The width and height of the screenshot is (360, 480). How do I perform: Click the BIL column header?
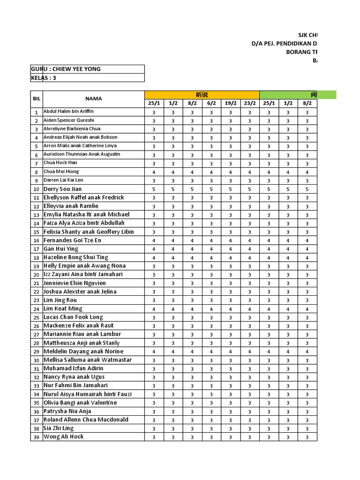pos(37,99)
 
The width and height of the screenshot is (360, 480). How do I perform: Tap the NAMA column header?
pos(93,99)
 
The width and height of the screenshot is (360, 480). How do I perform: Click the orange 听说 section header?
pos(202,95)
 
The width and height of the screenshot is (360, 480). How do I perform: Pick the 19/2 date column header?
pos(230,103)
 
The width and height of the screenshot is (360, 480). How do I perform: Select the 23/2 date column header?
pos(249,103)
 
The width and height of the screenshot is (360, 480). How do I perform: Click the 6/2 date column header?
pos(211,103)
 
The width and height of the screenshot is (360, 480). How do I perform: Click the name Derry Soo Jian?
pos(62,189)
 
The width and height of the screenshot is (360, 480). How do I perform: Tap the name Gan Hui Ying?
pos(61,249)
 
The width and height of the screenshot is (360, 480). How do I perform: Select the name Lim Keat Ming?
pos(63,308)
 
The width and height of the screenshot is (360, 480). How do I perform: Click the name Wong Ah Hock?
pos(64,436)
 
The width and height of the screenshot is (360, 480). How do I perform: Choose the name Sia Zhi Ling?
pos(59,428)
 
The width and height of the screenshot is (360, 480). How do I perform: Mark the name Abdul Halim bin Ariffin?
pos(68,112)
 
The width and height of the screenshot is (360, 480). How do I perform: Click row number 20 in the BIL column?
pos(36,275)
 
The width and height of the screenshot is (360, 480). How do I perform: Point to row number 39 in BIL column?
pos(36,437)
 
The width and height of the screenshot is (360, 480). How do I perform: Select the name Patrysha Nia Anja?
pos(67,411)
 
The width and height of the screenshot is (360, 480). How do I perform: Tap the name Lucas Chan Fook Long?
pos(73,317)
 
